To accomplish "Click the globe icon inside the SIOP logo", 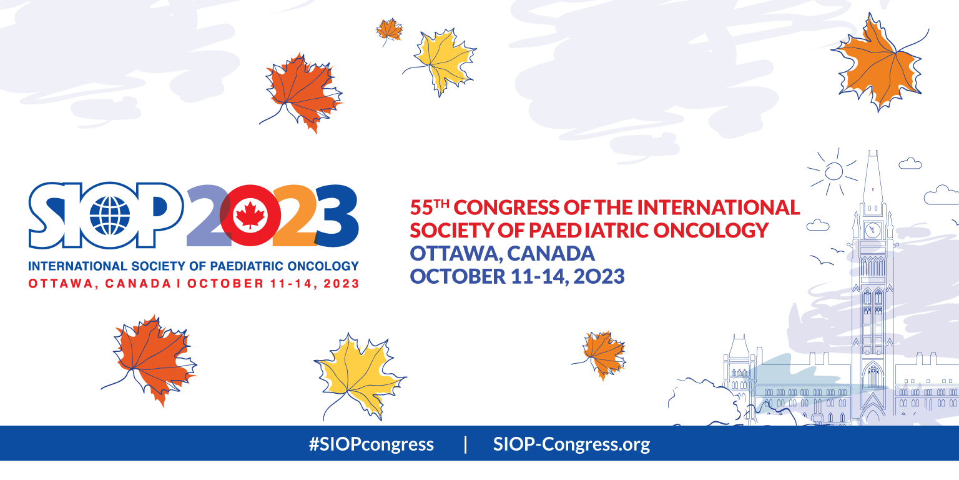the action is [x=110, y=215].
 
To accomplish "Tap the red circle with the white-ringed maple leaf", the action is [x=250, y=215].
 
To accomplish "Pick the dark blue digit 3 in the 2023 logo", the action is [x=337, y=216].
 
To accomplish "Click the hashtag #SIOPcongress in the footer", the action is [x=371, y=444].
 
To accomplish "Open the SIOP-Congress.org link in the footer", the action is [x=571, y=444].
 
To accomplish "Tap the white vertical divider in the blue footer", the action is [x=465, y=444].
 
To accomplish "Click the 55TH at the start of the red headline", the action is [x=430, y=207].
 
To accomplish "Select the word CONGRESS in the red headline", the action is [x=506, y=207].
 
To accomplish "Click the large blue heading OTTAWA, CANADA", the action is [x=502, y=253].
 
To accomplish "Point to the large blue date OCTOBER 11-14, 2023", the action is [x=517, y=276].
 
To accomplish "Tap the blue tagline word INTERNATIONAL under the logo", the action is [x=78, y=266].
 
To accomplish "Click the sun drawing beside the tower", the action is [x=833, y=171].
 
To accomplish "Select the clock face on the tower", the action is [x=872, y=231].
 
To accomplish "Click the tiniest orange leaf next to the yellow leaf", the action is [x=389, y=31].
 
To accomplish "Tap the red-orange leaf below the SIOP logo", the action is [x=150, y=361].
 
